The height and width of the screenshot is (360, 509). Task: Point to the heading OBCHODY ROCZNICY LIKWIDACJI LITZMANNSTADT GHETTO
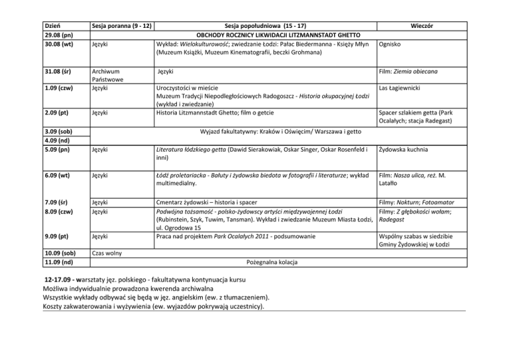point(278,34)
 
